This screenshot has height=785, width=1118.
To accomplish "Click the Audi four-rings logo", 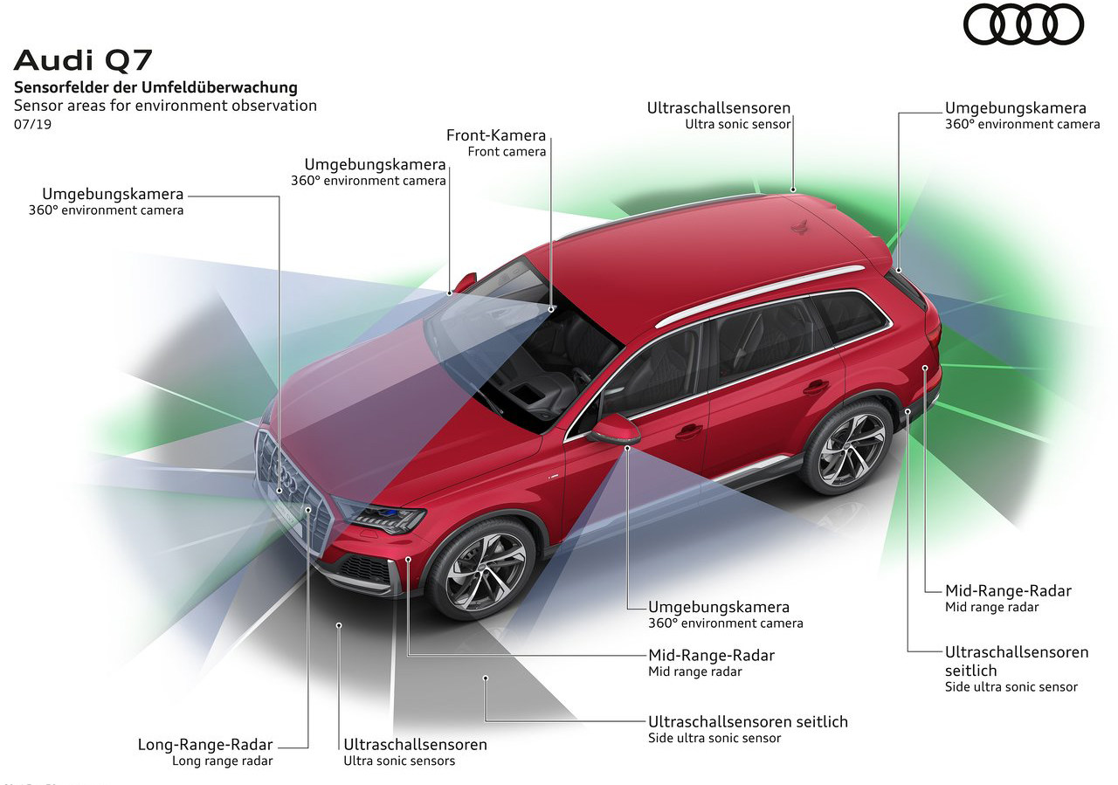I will pyautogui.click(x=1023, y=24).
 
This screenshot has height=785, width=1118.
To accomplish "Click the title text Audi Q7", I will pyautogui.click(x=83, y=60).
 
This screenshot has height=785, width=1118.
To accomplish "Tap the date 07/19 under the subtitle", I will pyautogui.click(x=32, y=124).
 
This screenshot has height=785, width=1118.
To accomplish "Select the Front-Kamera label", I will pyautogui.click(x=495, y=135).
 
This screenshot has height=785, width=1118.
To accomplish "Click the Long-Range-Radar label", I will pyautogui.click(x=205, y=745).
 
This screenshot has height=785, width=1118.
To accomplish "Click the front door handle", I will pyautogui.click(x=688, y=430).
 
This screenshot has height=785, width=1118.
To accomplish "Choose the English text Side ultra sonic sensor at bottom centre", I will pyautogui.click(x=714, y=738).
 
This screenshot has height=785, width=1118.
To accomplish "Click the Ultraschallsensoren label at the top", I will pyautogui.click(x=718, y=108).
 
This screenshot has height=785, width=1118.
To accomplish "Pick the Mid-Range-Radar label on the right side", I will pyautogui.click(x=1008, y=590).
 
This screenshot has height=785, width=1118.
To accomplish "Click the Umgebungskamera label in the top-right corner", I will pyautogui.click(x=1015, y=108).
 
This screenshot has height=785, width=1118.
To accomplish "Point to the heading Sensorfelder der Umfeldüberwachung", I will pyautogui.click(x=155, y=87).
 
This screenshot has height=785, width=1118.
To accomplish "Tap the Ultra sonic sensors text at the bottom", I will pyautogui.click(x=399, y=761).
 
